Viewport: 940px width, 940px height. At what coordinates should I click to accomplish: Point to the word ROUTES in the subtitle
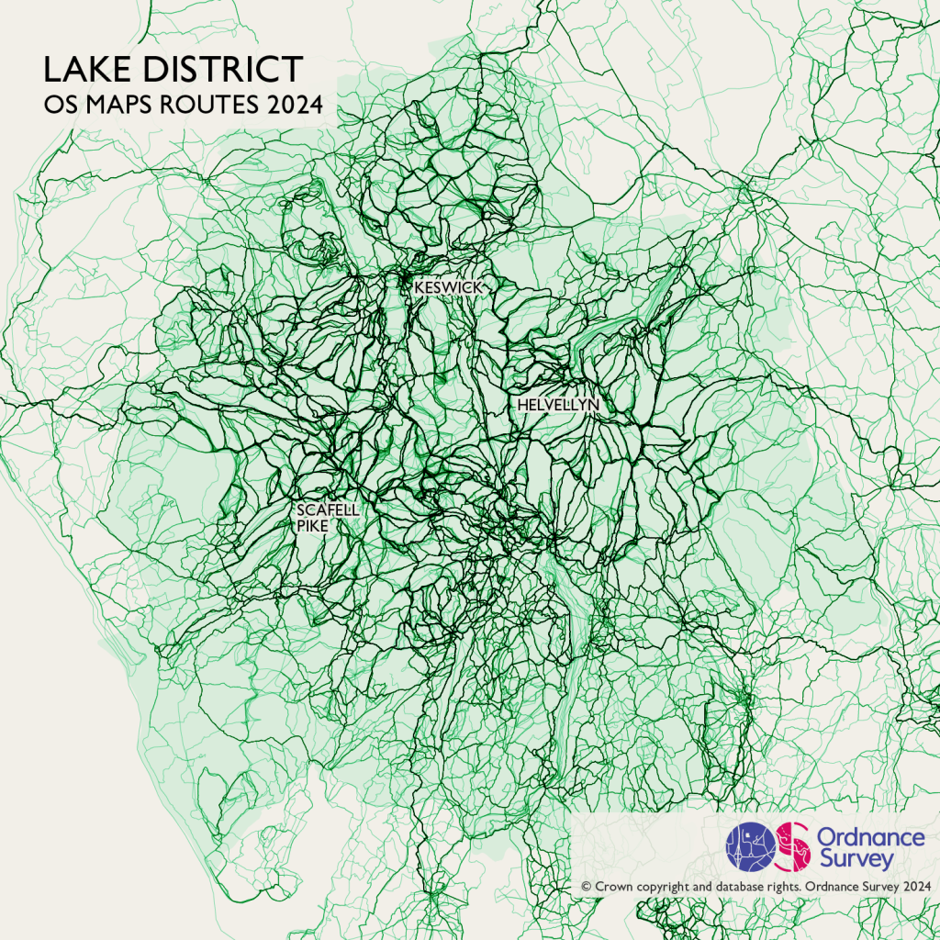(x=212, y=105)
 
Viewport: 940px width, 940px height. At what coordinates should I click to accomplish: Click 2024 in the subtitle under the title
(x=296, y=105)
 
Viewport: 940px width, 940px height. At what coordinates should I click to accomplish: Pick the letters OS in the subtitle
(x=60, y=105)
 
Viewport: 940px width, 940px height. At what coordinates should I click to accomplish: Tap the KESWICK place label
(x=448, y=287)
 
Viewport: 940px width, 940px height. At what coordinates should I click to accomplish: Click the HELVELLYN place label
(x=558, y=404)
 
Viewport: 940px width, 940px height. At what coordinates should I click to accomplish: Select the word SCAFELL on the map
(x=328, y=509)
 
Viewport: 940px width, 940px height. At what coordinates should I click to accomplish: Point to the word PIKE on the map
(x=312, y=526)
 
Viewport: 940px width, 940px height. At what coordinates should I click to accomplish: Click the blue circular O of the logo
(x=751, y=845)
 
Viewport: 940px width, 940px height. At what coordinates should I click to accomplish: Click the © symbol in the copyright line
(x=586, y=887)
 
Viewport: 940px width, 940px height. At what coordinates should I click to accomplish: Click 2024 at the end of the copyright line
(x=916, y=887)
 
